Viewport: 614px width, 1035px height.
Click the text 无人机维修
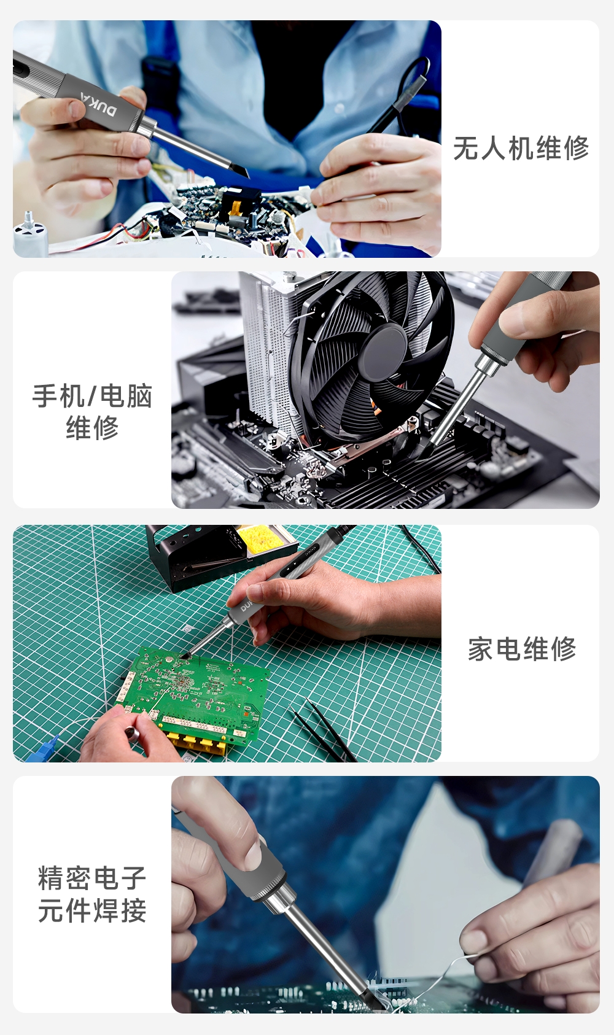point(521,149)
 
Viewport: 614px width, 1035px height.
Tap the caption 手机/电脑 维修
point(92,411)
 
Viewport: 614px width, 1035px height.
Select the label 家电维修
point(522,649)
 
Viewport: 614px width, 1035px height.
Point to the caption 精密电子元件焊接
point(92,895)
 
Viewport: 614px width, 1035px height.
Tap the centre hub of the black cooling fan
point(383,352)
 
